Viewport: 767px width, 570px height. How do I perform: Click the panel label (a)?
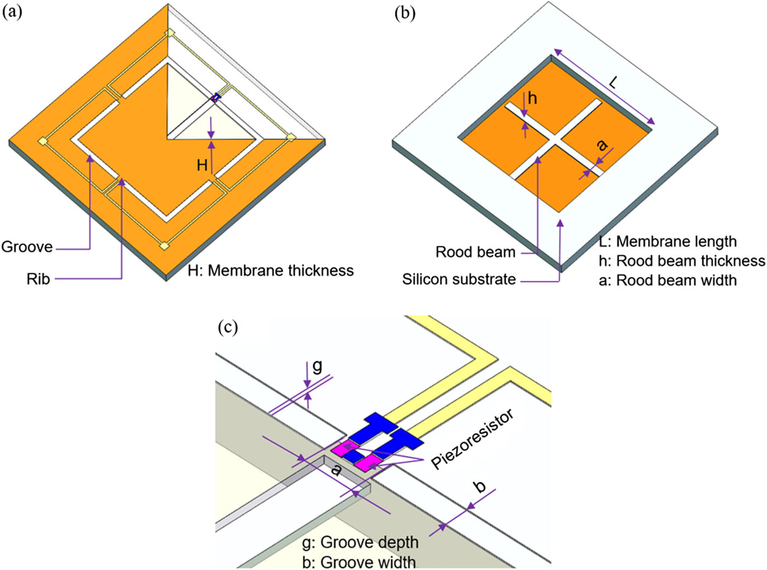[x=12, y=12]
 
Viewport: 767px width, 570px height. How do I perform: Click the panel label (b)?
[x=405, y=13]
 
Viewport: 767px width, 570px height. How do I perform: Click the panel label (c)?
[x=227, y=327]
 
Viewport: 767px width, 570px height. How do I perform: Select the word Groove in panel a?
[x=27, y=247]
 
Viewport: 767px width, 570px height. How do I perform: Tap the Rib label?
[x=38, y=279]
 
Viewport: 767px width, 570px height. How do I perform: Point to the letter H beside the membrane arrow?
[x=202, y=164]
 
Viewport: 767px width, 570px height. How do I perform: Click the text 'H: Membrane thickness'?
[x=271, y=271]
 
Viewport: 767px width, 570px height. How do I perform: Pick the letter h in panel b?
[x=532, y=98]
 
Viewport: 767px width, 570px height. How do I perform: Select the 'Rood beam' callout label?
[x=475, y=252]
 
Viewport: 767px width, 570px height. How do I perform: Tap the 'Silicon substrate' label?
[x=459, y=280]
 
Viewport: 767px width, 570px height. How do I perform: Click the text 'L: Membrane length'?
[x=667, y=242]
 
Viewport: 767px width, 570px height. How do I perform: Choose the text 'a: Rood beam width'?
[x=667, y=281]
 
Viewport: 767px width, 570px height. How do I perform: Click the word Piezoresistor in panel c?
[x=472, y=440]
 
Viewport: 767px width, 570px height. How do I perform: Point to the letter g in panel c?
[x=317, y=366]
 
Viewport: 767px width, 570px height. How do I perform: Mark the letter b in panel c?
[x=479, y=486]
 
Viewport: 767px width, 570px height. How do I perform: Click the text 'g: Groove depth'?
[x=360, y=543]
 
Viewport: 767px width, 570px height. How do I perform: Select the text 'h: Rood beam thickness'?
[x=682, y=261]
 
